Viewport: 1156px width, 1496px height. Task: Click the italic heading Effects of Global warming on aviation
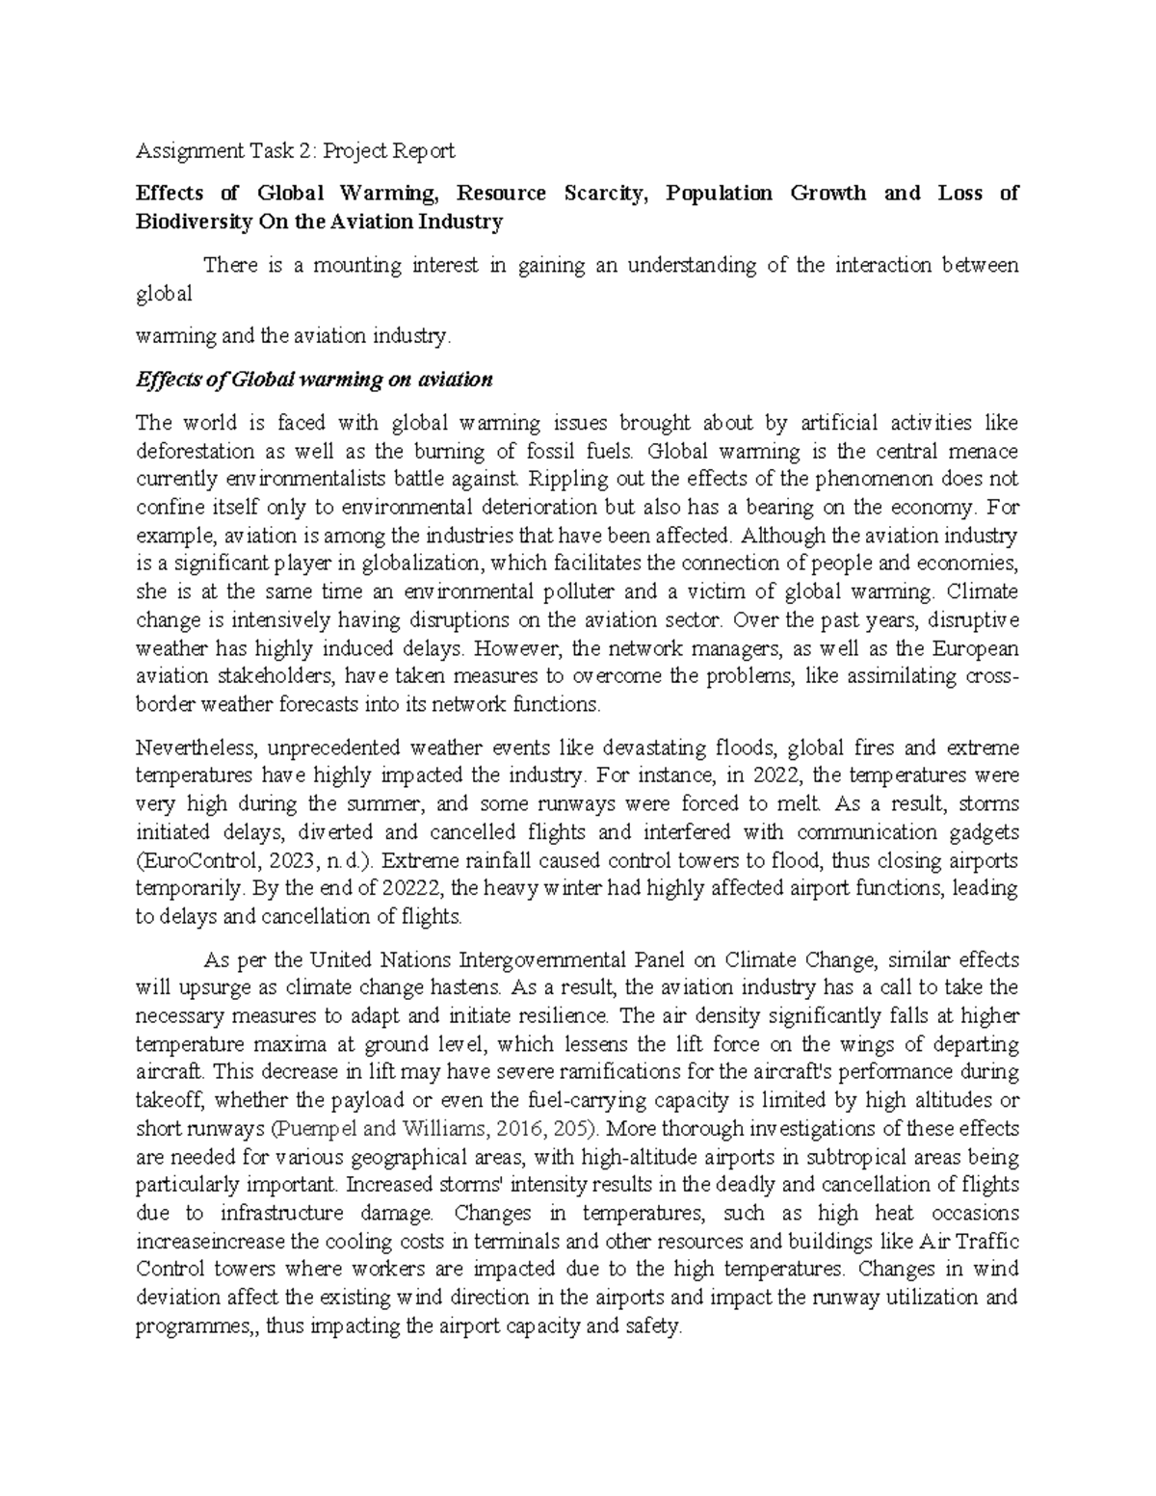pos(314,380)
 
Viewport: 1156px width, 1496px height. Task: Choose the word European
pos(976,647)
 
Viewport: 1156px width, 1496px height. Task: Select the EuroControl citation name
pos(191,860)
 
